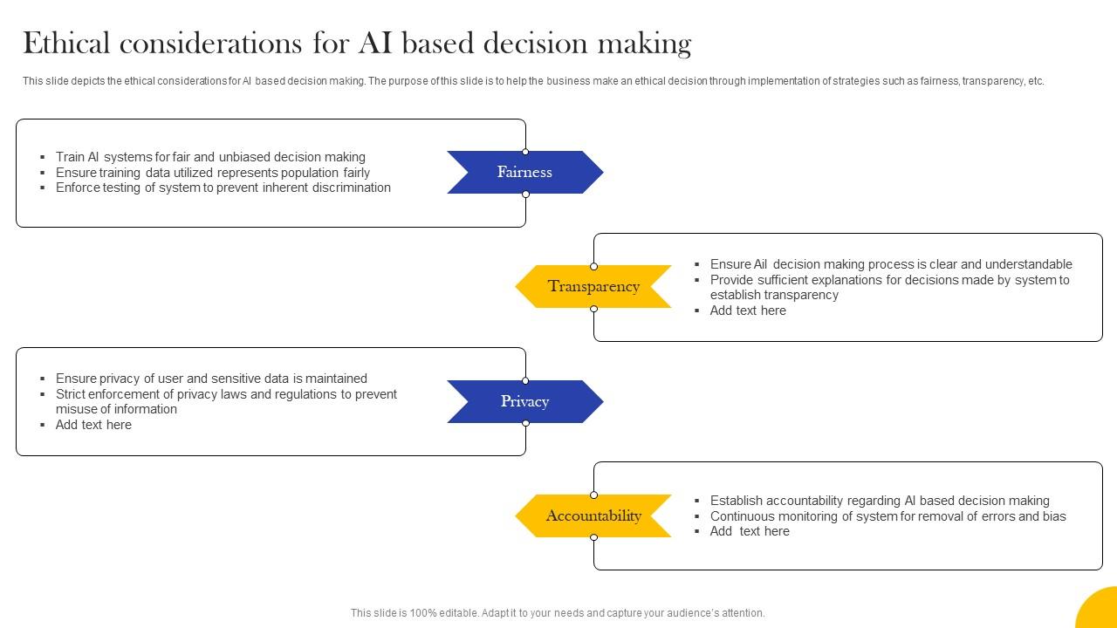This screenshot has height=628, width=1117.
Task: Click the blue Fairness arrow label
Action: [524, 172]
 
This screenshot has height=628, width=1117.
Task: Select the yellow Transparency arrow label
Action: [593, 286]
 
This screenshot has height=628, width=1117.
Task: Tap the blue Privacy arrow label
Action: [524, 401]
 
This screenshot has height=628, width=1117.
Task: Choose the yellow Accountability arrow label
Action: [593, 515]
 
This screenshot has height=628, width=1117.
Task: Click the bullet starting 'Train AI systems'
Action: [210, 157]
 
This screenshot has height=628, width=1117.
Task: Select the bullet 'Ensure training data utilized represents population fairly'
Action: [213, 173]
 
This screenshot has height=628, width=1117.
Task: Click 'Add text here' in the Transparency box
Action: [748, 311]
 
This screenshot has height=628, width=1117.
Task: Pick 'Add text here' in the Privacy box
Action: [93, 425]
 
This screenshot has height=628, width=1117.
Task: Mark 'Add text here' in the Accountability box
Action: [750, 531]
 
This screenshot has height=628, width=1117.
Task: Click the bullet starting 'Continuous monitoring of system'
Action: [887, 516]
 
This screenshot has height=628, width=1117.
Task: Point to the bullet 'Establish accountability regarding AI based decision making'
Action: [880, 501]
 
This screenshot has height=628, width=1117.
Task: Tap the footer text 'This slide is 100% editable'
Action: [558, 613]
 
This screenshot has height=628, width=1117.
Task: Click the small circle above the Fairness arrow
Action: [525, 152]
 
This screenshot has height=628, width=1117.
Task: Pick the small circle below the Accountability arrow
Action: [593, 537]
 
